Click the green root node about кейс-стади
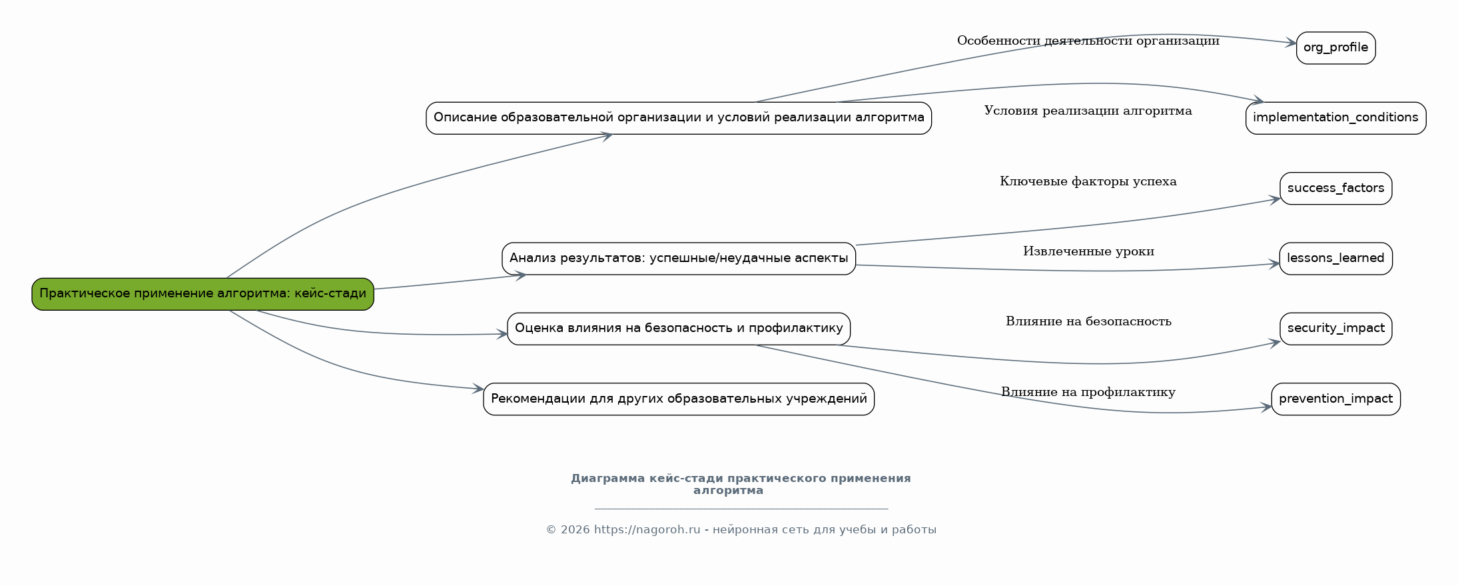(202, 294)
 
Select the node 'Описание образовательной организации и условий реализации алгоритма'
(678, 118)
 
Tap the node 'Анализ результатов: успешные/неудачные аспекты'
(678, 259)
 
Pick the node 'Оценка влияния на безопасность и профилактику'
(678, 329)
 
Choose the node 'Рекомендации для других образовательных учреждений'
(678, 399)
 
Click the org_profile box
(1335, 48)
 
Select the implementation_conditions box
(1335, 118)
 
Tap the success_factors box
(1335, 189)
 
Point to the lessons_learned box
(1335, 259)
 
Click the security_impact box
(1335, 329)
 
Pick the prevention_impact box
(1335, 399)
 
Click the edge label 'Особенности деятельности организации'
(1088, 41)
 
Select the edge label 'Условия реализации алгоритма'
(1088, 111)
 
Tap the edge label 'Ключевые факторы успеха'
(1088, 182)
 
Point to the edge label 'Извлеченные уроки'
(1088, 252)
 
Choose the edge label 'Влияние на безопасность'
(1088, 322)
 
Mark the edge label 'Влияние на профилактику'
(1088, 393)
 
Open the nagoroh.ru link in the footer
(646, 530)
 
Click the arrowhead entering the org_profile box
(1290, 43)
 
